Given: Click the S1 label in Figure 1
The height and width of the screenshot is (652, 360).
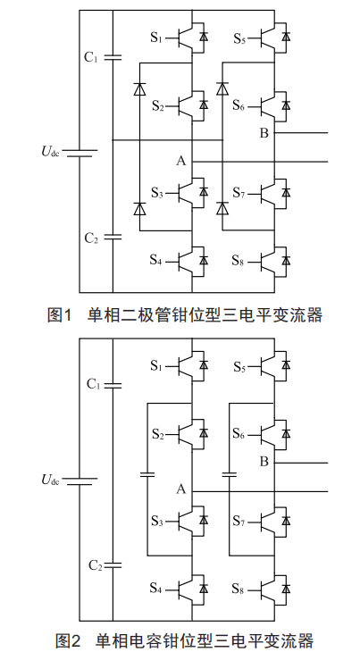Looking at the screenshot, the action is (156, 38).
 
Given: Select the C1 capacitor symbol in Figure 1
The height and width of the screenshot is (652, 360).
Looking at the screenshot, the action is (113, 57).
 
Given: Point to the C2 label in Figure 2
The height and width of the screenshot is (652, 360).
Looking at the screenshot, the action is (96, 565).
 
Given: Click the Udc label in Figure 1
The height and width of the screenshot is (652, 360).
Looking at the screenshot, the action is (50, 151).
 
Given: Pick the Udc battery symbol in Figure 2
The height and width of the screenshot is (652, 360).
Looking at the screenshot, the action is (80, 481).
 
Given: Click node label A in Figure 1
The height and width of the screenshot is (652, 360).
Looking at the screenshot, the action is (180, 161).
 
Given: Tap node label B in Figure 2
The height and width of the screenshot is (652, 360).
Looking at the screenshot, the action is (264, 462).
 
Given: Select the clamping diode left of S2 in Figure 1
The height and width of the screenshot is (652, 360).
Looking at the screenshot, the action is (139, 89).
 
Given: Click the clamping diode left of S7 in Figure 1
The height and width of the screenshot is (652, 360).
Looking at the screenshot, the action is (222, 208).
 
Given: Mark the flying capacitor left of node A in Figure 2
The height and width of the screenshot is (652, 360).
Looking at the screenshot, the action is (147, 474).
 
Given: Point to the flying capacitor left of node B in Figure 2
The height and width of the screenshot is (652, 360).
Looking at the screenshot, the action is (230, 474).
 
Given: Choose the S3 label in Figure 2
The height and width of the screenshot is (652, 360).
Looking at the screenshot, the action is (156, 521).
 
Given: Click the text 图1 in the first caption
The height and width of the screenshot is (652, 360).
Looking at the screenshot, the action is (60, 314).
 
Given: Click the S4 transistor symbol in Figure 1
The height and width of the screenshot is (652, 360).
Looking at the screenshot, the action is (192, 261).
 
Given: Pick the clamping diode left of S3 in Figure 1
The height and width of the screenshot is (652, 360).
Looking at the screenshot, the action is (139, 208).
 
